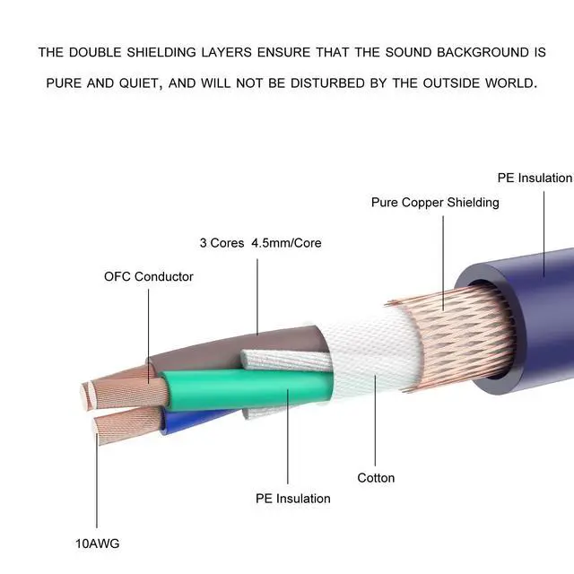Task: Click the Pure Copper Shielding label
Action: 435,203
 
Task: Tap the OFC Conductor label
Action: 148,276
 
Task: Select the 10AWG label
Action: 98,544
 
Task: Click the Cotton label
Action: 376,478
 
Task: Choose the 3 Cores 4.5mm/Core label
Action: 260,243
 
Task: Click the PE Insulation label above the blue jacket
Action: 535,178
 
